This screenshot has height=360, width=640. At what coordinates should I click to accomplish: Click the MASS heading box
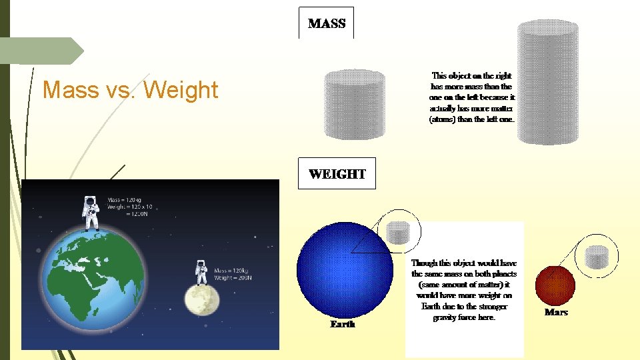(327, 23)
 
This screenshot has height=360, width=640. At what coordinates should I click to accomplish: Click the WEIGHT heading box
(337, 174)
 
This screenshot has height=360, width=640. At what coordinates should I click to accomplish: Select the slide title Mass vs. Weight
(130, 89)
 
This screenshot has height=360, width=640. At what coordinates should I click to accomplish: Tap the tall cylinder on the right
(549, 81)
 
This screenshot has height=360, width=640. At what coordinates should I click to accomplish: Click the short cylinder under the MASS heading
(354, 105)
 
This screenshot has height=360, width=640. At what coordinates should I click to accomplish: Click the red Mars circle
(554, 285)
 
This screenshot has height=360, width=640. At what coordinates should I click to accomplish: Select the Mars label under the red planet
(556, 312)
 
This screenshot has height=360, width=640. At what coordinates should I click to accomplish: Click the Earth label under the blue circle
(343, 324)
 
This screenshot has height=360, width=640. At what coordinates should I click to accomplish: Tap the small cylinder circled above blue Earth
(398, 233)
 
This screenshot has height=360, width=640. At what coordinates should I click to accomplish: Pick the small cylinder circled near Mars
(597, 257)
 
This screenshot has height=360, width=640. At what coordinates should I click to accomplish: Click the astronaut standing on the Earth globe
(91, 213)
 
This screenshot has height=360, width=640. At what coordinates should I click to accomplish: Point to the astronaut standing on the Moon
(201, 273)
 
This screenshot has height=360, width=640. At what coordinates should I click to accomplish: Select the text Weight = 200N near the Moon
(233, 278)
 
